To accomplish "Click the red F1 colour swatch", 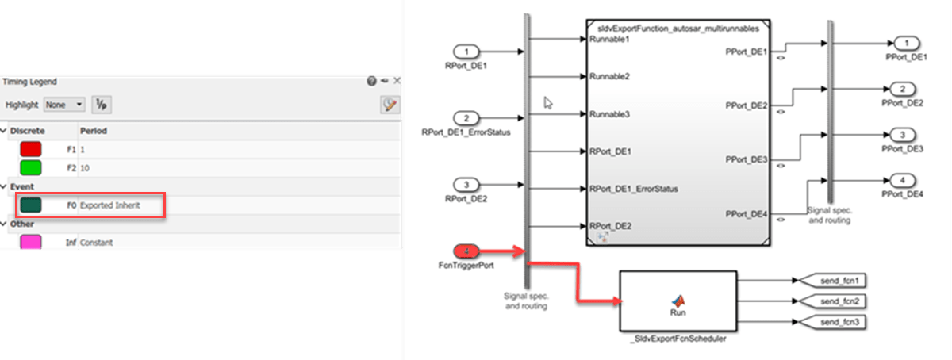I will click(x=30, y=148).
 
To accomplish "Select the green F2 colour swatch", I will click(x=30, y=167).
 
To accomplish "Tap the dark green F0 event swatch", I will click(x=30, y=205).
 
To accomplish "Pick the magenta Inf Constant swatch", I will click(x=30, y=242).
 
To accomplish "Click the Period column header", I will click(x=94, y=130).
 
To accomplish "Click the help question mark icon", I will click(x=370, y=81).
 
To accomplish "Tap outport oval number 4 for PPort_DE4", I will click(x=904, y=179).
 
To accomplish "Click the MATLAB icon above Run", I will click(x=678, y=301).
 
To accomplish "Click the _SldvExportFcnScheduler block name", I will click(x=678, y=339).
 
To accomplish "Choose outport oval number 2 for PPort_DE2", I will click(x=904, y=89).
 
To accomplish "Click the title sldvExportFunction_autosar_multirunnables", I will click(x=677, y=28).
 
